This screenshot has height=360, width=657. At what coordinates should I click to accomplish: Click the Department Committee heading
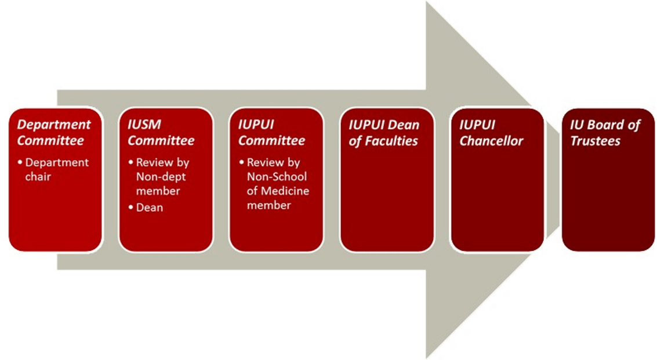tap(54, 133)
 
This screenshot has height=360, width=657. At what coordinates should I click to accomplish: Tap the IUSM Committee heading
tap(161, 133)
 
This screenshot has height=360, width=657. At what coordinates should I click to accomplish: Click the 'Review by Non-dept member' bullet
tap(162, 177)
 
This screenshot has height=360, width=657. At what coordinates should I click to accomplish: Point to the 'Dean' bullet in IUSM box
tap(149, 207)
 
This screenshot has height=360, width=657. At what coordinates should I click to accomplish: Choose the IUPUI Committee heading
tap(271, 133)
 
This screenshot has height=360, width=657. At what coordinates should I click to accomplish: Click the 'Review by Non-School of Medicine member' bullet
tap(277, 184)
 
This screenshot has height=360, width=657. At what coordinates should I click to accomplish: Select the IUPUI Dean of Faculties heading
tap(383, 133)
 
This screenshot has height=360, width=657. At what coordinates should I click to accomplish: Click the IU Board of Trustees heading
tap(605, 133)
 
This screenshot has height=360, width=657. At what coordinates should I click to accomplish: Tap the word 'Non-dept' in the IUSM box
tap(161, 177)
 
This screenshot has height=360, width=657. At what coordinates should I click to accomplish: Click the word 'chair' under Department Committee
tap(38, 176)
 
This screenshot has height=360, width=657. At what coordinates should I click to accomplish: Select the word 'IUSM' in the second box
tap(144, 125)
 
